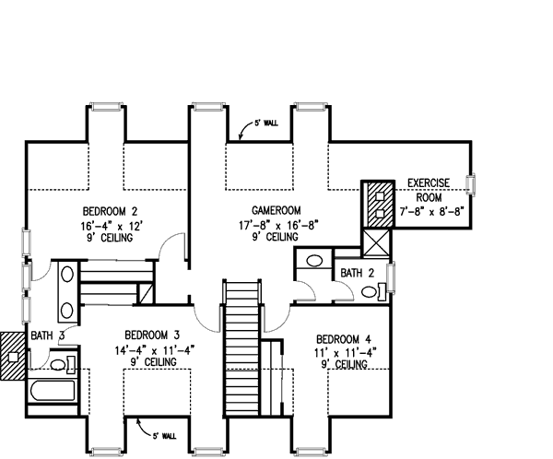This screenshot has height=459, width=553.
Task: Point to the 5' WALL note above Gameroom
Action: [268, 124]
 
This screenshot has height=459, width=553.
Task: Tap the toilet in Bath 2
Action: [371, 293]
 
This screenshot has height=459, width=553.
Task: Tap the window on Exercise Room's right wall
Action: [473, 184]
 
